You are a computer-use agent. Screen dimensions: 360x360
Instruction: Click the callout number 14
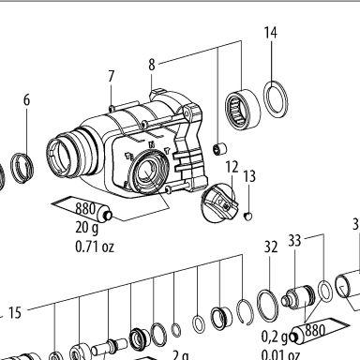(271, 33)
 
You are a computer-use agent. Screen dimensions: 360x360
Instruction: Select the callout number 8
(152, 65)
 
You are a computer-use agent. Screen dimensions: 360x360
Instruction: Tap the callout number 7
(112, 76)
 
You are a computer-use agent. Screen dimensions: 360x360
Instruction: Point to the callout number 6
(26, 100)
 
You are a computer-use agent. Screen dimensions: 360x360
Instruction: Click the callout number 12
(232, 168)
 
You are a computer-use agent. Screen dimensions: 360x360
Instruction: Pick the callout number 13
(249, 176)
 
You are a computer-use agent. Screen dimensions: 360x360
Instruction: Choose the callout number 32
(271, 247)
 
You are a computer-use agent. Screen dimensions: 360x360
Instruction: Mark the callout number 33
(294, 241)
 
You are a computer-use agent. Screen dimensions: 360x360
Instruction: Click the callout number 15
(15, 312)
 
